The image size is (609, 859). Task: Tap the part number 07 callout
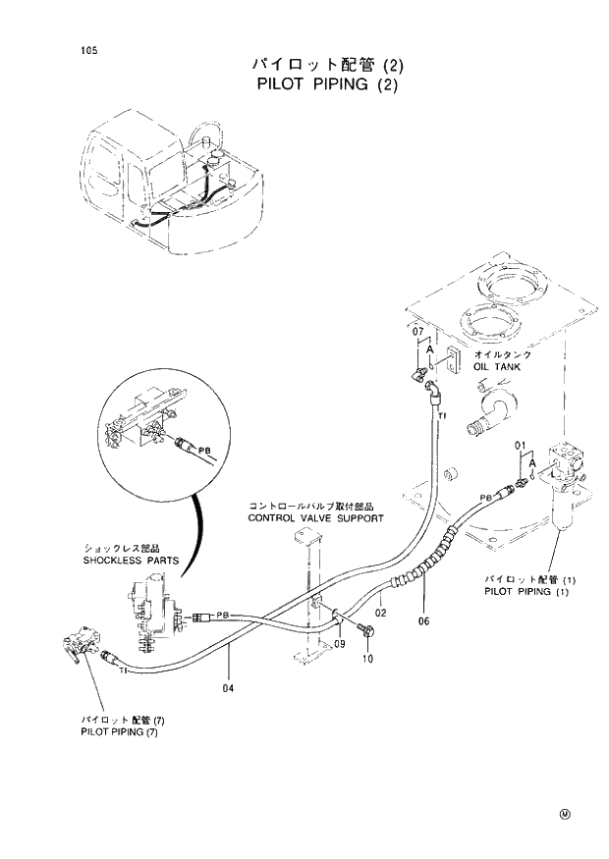click(x=417, y=332)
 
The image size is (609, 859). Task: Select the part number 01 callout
click(x=522, y=447)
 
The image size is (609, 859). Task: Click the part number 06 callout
click(x=424, y=620)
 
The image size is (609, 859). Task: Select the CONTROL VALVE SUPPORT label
click(x=315, y=517)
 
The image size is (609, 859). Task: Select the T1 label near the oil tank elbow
click(x=442, y=416)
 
